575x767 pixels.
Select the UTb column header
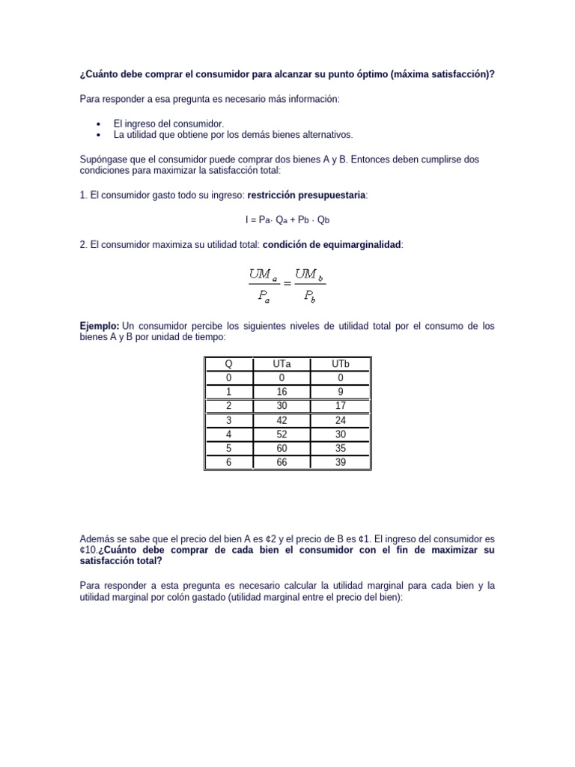[341, 363]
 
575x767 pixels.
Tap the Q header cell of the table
[228, 363]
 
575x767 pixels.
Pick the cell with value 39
[341, 463]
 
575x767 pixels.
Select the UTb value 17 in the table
[341, 407]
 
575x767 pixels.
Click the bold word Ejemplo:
[100, 327]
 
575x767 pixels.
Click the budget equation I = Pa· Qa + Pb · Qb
[287, 219]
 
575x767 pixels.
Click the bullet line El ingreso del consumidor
[168, 124]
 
